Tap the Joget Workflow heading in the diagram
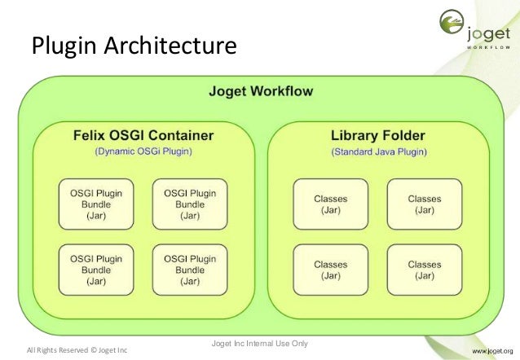coord(260,91)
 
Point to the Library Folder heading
coord(378,134)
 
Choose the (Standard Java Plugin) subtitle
coord(378,151)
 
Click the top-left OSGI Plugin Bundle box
coord(96,204)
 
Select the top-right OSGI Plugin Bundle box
coord(190,204)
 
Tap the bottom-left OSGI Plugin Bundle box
coord(96,270)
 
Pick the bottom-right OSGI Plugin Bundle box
coord(190,270)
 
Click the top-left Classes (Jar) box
coord(330,204)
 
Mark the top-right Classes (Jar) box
coord(424,204)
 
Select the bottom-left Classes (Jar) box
coord(330,270)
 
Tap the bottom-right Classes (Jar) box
coord(424,270)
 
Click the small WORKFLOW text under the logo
coord(488,48)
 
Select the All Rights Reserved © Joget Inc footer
coord(77,350)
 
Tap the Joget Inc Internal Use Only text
coord(259,343)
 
